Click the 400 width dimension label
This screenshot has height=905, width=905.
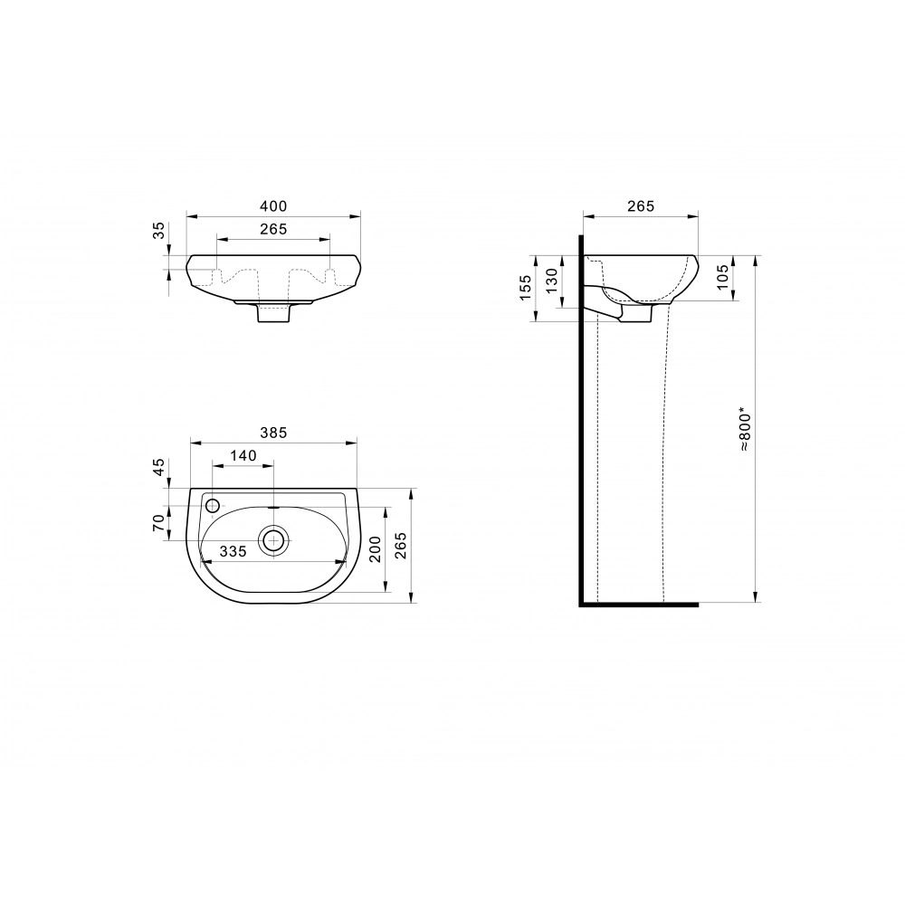(x=273, y=206)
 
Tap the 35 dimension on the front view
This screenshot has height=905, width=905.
(x=158, y=230)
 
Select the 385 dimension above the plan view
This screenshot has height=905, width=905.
(x=273, y=433)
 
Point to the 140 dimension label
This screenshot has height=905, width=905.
(x=243, y=455)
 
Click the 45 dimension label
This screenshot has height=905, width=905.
(x=158, y=466)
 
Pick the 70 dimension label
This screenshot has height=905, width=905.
(x=158, y=523)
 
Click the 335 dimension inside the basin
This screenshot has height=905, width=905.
(x=233, y=551)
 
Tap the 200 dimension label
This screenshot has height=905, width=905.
(x=376, y=549)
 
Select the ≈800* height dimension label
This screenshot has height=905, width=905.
(x=745, y=431)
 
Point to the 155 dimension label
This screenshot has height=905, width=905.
(x=525, y=288)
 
